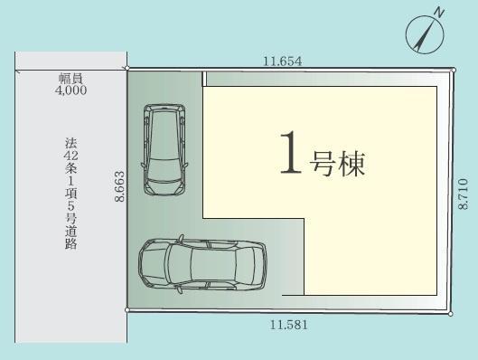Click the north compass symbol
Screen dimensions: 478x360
point(425,34)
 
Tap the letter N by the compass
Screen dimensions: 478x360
point(439,14)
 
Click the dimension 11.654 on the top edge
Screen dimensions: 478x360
point(282,62)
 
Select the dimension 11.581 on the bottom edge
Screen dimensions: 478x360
point(288,325)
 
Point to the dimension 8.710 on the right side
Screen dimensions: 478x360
point(463,194)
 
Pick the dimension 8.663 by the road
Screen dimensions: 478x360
point(120,186)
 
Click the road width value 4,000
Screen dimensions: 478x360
point(70,90)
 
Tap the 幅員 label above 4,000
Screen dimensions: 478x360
point(70,79)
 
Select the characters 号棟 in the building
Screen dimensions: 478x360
point(337,164)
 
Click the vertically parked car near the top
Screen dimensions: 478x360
point(164,149)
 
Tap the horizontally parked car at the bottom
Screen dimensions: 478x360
point(202,264)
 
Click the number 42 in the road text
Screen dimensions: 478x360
point(70,156)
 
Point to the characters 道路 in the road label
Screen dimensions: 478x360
point(70,237)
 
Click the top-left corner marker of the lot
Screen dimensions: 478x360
point(127,68)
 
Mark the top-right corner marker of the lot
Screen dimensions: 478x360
point(454,71)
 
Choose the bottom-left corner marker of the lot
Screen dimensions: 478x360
point(127,310)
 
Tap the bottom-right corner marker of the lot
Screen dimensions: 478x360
point(451,314)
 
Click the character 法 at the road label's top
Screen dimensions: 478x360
point(70,143)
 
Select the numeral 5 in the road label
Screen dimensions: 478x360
point(70,206)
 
